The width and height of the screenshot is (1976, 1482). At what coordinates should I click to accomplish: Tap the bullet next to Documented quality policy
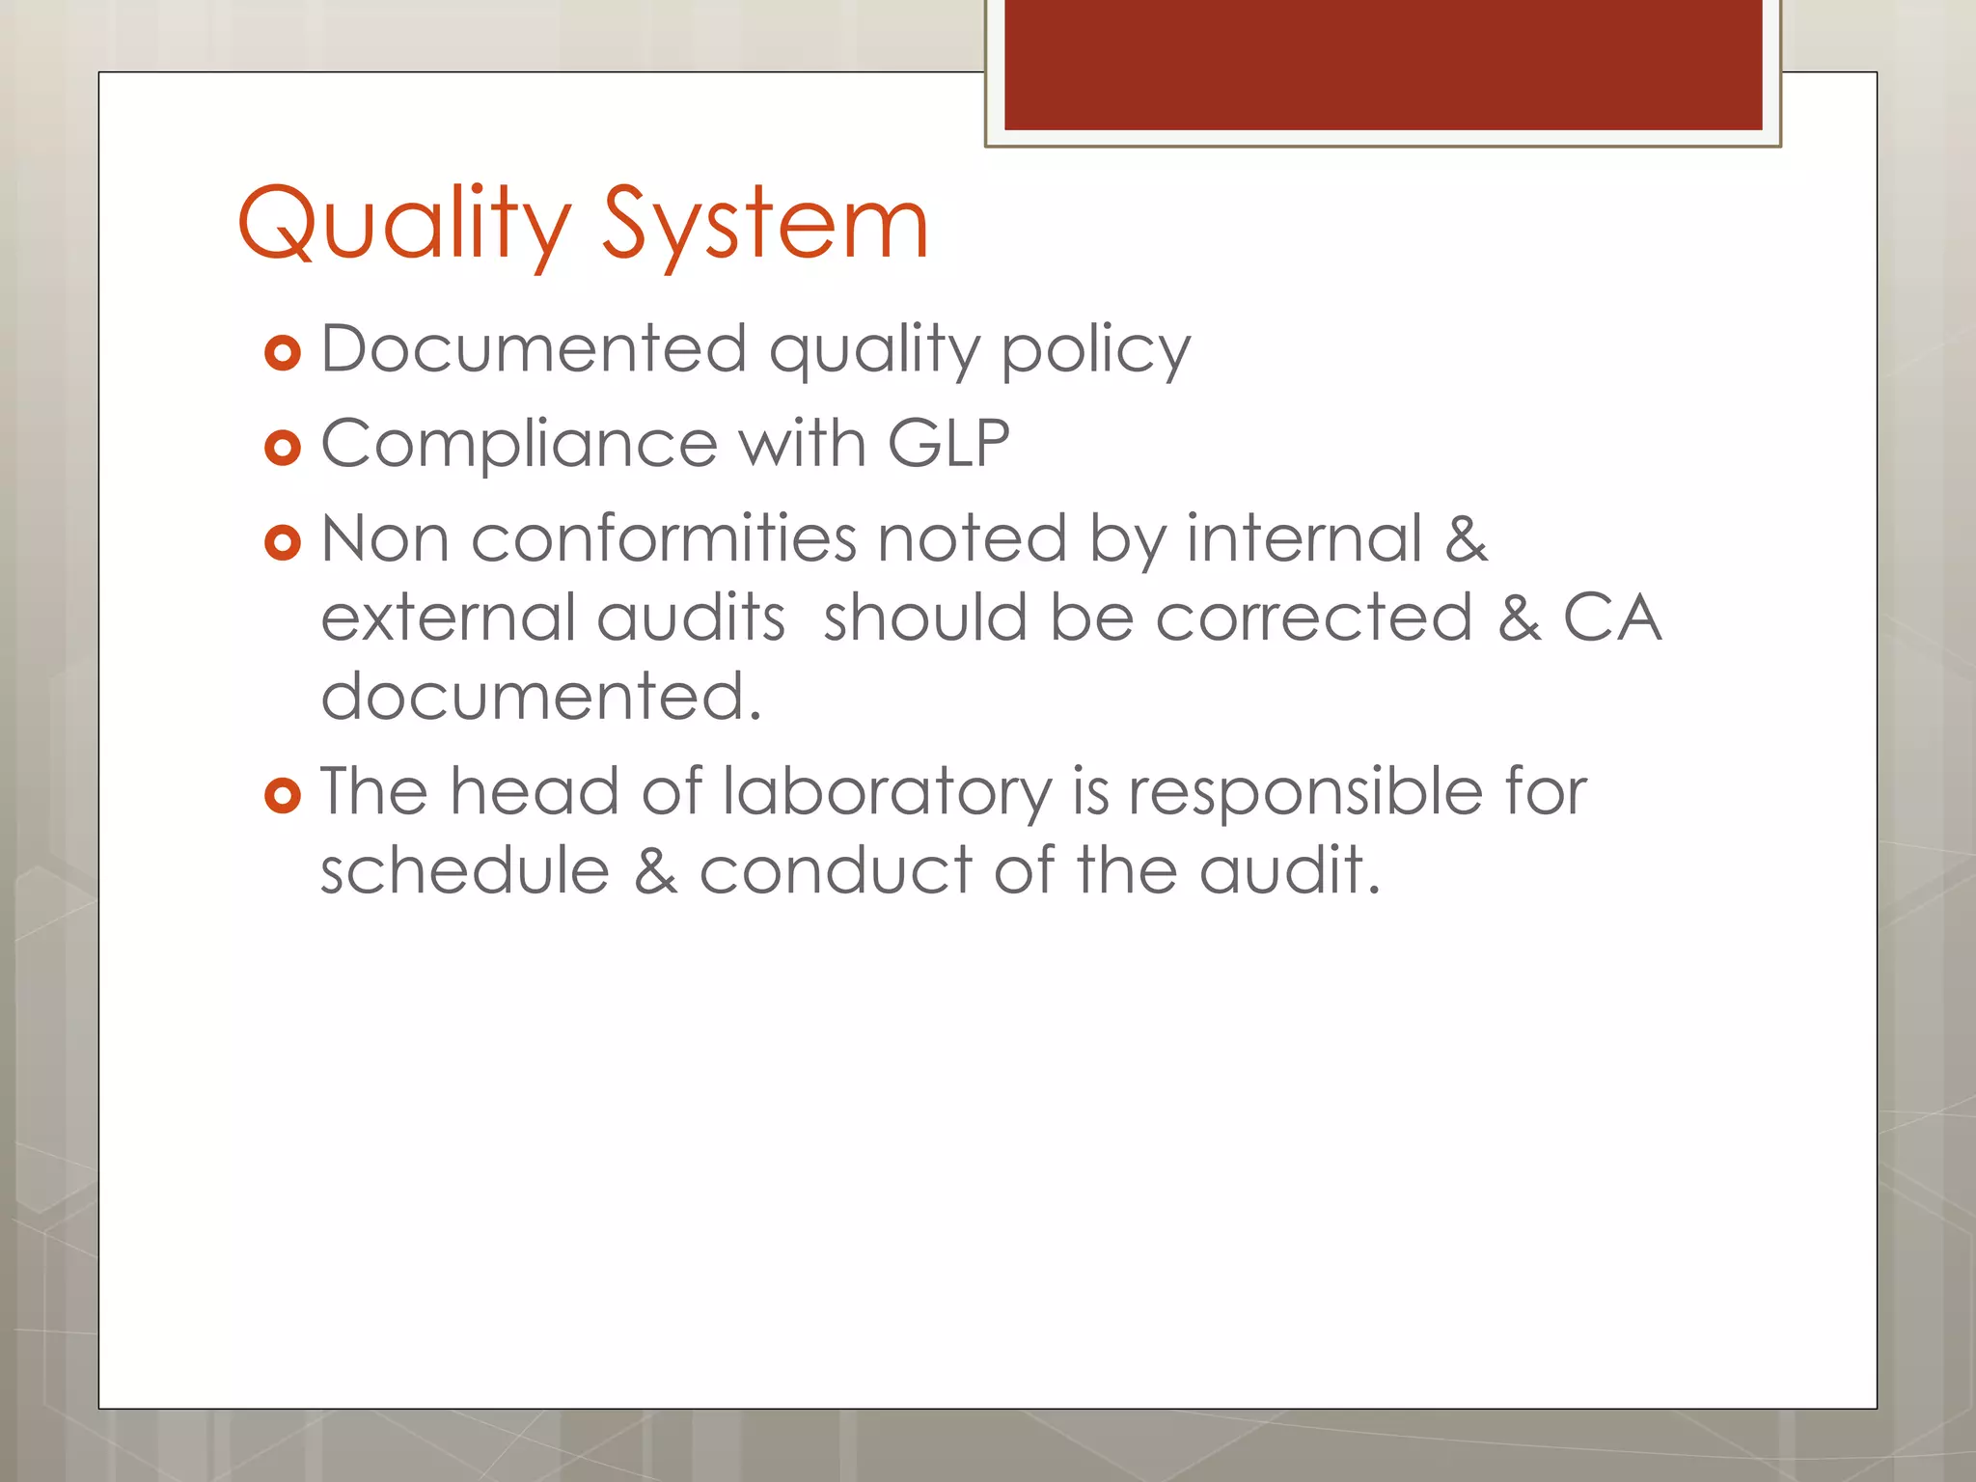(283, 354)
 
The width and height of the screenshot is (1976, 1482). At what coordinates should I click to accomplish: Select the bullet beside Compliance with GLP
(283, 448)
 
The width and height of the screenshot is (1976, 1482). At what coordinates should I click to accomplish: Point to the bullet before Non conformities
(283, 543)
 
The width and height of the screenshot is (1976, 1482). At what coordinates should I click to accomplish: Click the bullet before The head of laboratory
(283, 796)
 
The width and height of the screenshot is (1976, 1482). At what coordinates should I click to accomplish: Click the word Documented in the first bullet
(534, 348)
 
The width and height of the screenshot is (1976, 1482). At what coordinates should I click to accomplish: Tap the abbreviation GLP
(947, 443)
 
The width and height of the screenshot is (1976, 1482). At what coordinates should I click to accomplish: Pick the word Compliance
(519, 445)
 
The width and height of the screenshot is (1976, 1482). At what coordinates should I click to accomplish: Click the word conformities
(664, 538)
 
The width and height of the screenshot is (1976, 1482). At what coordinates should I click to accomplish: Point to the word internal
(1304, 537)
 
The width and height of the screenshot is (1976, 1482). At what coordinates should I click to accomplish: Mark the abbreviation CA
(1612, 617)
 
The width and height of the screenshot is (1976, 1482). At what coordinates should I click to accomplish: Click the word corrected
(1314, 617)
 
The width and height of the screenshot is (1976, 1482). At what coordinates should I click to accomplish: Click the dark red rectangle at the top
(1383, 64)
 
